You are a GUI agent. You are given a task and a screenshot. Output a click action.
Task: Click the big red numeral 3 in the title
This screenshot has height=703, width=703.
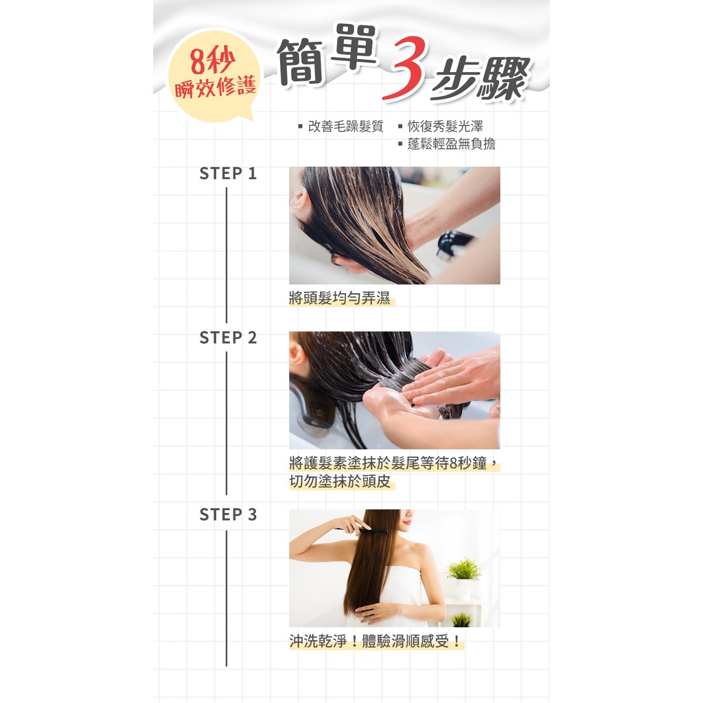click(x=404, y=68)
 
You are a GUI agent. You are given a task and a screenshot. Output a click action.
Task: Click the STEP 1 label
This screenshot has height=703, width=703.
click(x=228, y=174)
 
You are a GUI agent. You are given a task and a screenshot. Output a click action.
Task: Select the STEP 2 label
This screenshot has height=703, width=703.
click(x=228, y=338)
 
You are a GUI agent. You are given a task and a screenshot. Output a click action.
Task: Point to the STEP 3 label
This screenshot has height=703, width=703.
click(x=228, y=515)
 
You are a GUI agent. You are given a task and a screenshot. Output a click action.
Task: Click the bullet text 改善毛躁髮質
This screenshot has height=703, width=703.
click(x=346, y=126)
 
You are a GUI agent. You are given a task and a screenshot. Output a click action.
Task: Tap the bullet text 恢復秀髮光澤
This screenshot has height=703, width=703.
click(x=445, y=126)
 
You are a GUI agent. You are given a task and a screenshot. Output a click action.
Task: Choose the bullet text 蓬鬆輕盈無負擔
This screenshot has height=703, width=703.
click(x=452, y=144)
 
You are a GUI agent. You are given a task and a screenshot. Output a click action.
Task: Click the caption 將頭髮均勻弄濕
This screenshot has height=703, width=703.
click(x=340, y=298)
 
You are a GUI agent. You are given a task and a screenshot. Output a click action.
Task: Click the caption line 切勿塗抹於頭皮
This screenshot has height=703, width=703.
click(x=340, y=481)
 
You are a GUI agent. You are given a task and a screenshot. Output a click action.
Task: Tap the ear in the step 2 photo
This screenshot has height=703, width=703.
click(x=297, y=355)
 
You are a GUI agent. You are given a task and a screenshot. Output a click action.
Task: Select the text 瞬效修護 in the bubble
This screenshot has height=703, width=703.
click(x=215, y=87)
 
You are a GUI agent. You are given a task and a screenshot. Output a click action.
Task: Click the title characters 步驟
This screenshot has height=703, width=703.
click(x=480, y=78)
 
